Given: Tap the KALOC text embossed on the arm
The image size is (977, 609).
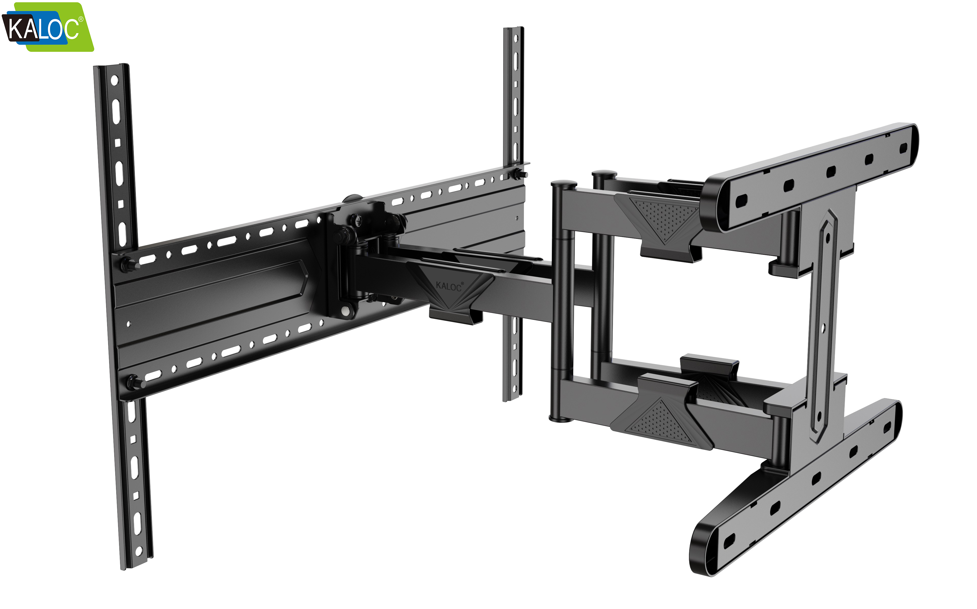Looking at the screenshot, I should point(448,286).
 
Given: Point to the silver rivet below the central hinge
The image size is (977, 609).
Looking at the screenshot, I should point(346,311).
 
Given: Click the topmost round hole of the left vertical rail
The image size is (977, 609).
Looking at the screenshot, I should point(114,80).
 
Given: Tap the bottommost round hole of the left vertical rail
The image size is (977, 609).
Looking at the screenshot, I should point(139,551).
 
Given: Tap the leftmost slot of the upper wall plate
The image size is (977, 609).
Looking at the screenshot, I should point(741,200).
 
